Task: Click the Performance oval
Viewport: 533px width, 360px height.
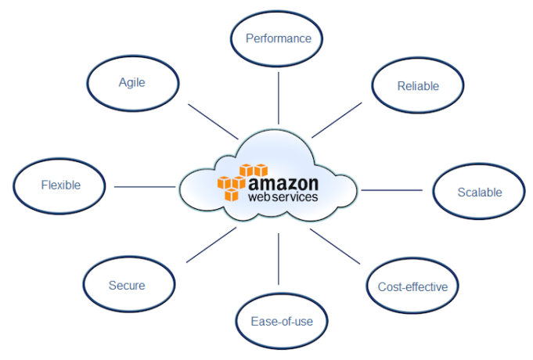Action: [279, 38]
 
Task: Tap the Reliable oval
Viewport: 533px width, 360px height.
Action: [417, 86]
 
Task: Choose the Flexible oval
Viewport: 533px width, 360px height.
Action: [60, 185]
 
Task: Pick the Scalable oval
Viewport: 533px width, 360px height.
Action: [479, 192]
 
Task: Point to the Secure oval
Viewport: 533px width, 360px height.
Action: [126, 286]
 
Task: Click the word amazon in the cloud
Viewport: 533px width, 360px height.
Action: [283, 182]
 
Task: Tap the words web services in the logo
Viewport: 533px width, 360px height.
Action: [283, 197]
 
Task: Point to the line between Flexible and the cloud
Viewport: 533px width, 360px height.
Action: [145, 186]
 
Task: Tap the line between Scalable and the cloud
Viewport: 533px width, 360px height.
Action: [391, 189]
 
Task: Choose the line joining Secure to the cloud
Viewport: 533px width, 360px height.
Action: [211, 244]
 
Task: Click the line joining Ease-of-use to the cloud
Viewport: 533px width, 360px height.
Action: [279, 258]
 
